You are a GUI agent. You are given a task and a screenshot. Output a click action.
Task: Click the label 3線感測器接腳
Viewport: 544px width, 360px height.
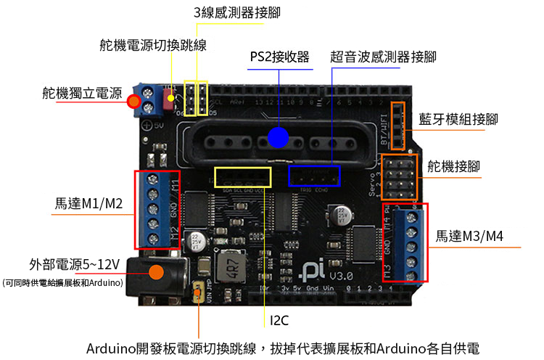point(237,14)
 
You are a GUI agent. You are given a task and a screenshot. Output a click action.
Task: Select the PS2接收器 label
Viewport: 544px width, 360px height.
point(279,57)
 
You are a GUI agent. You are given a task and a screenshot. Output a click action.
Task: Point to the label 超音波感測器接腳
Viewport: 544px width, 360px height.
point(383,57)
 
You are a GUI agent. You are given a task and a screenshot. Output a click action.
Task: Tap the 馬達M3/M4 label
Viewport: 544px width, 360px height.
point(469,237)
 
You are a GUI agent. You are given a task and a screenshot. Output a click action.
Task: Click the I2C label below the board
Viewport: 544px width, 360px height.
point(280,320)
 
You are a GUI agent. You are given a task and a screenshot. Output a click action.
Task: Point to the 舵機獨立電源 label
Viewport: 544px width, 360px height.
point(82,93)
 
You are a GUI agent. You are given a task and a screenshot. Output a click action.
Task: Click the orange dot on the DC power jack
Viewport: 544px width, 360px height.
point(154,273)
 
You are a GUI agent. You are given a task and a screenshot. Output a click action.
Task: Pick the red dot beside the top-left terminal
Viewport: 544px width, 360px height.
point(134,102)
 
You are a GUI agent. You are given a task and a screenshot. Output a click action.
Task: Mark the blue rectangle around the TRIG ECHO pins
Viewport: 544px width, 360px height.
point(314,176)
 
